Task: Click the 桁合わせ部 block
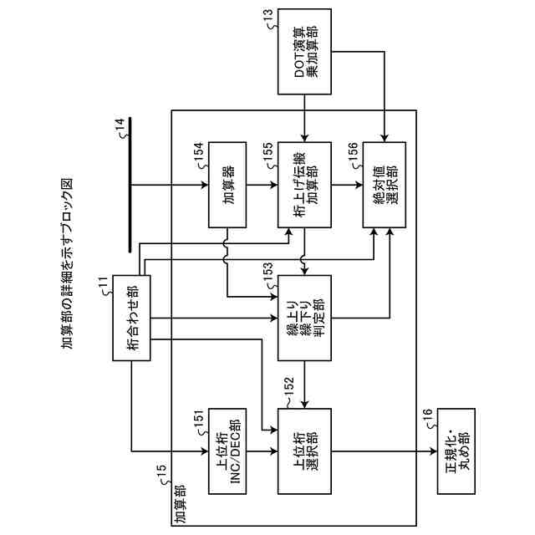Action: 132,318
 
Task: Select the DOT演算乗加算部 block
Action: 305,53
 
